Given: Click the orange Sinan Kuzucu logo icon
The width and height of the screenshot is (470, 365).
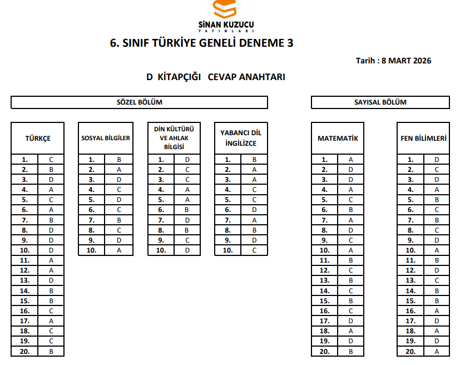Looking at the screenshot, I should [225, 9].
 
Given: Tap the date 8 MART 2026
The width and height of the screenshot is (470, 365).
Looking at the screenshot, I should [406, 61].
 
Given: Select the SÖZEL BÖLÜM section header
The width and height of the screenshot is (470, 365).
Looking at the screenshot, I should [139, 102].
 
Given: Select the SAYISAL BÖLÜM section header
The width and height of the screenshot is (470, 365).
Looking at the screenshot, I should [380, 102].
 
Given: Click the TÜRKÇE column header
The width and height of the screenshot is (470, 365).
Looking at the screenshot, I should [38, 138].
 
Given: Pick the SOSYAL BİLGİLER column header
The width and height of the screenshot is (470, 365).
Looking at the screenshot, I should [106, 138].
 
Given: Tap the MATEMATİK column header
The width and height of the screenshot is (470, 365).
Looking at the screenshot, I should [338, 138].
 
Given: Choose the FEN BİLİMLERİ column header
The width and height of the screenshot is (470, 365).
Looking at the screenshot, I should [423, 138].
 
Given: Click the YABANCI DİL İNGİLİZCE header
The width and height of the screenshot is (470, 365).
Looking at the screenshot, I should [241, 138].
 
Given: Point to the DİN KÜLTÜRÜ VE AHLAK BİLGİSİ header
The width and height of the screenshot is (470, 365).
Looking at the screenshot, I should [174, 138].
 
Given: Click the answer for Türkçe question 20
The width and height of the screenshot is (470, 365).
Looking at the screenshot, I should [51, 351].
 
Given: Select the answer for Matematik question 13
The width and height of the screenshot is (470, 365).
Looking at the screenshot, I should [351, 280].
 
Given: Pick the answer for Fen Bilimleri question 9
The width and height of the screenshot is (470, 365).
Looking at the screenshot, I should [437, 240].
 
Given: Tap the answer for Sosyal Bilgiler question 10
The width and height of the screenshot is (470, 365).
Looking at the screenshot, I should [119, 250].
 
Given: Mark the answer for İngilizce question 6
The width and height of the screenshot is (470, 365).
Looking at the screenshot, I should [254, 210].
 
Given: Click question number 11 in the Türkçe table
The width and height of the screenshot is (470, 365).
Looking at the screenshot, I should [24, 260].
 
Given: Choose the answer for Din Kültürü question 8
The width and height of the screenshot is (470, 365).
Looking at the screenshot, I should [187, 230].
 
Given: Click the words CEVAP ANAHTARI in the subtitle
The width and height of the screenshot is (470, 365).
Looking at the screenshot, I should [246, 77].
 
